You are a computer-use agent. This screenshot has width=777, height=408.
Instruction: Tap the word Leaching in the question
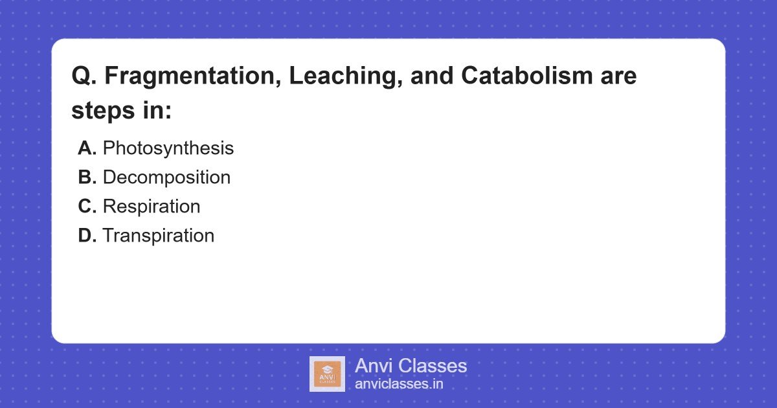tap(331, 76)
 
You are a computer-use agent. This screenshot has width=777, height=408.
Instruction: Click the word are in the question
tap(619, 76)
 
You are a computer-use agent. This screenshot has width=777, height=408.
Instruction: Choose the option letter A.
tap(87, 148)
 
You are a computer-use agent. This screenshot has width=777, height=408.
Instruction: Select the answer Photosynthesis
tap(168, 148)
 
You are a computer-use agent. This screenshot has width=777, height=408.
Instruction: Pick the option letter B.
tap(87, 177)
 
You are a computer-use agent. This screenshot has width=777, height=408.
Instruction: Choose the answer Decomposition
tap(166, 177)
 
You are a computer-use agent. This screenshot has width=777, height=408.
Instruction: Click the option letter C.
tap(87, 207)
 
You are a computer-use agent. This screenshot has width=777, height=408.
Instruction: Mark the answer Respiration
tap(152, 207)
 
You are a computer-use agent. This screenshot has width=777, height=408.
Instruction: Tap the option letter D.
tap(87, 236)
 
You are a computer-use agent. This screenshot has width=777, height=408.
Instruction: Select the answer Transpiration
tap(159, 236)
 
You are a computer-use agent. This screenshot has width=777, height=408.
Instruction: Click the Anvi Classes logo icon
tap(327, 374)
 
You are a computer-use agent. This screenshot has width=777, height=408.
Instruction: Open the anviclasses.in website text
tap(399, 384)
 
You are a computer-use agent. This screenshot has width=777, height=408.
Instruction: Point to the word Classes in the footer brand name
tap(431, 366)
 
